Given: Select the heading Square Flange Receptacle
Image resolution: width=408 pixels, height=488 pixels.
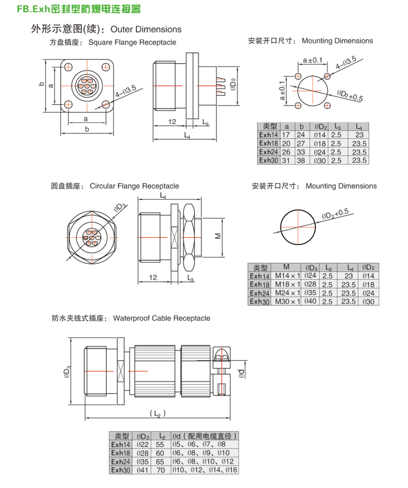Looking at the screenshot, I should click(x=132, y=43).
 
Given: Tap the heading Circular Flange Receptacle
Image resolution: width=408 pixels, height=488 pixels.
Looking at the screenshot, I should click(x=134, y=186).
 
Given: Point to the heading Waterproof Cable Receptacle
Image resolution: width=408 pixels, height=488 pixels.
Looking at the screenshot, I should click(x=161, y=318).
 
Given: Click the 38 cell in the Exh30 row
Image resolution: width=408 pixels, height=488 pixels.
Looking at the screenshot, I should click(x=301, y=160).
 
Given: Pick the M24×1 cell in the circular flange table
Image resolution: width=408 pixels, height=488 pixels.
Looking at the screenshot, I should click(x=287, y=293).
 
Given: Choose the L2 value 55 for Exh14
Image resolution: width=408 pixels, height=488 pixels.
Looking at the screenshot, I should click(x=160, y=445).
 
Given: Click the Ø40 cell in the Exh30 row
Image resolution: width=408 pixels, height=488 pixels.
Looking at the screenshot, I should click(x=311, y=301).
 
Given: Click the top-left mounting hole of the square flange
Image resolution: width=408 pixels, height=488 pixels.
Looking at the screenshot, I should click(x=68, y=66).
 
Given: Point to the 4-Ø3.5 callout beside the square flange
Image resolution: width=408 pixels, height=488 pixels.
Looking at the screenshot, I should click(x=125, y=92).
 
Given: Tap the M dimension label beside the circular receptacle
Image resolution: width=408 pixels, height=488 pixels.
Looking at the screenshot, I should click(x=216, y=236).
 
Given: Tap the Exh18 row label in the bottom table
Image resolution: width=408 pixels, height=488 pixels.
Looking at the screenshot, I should click(x=121, y=453).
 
